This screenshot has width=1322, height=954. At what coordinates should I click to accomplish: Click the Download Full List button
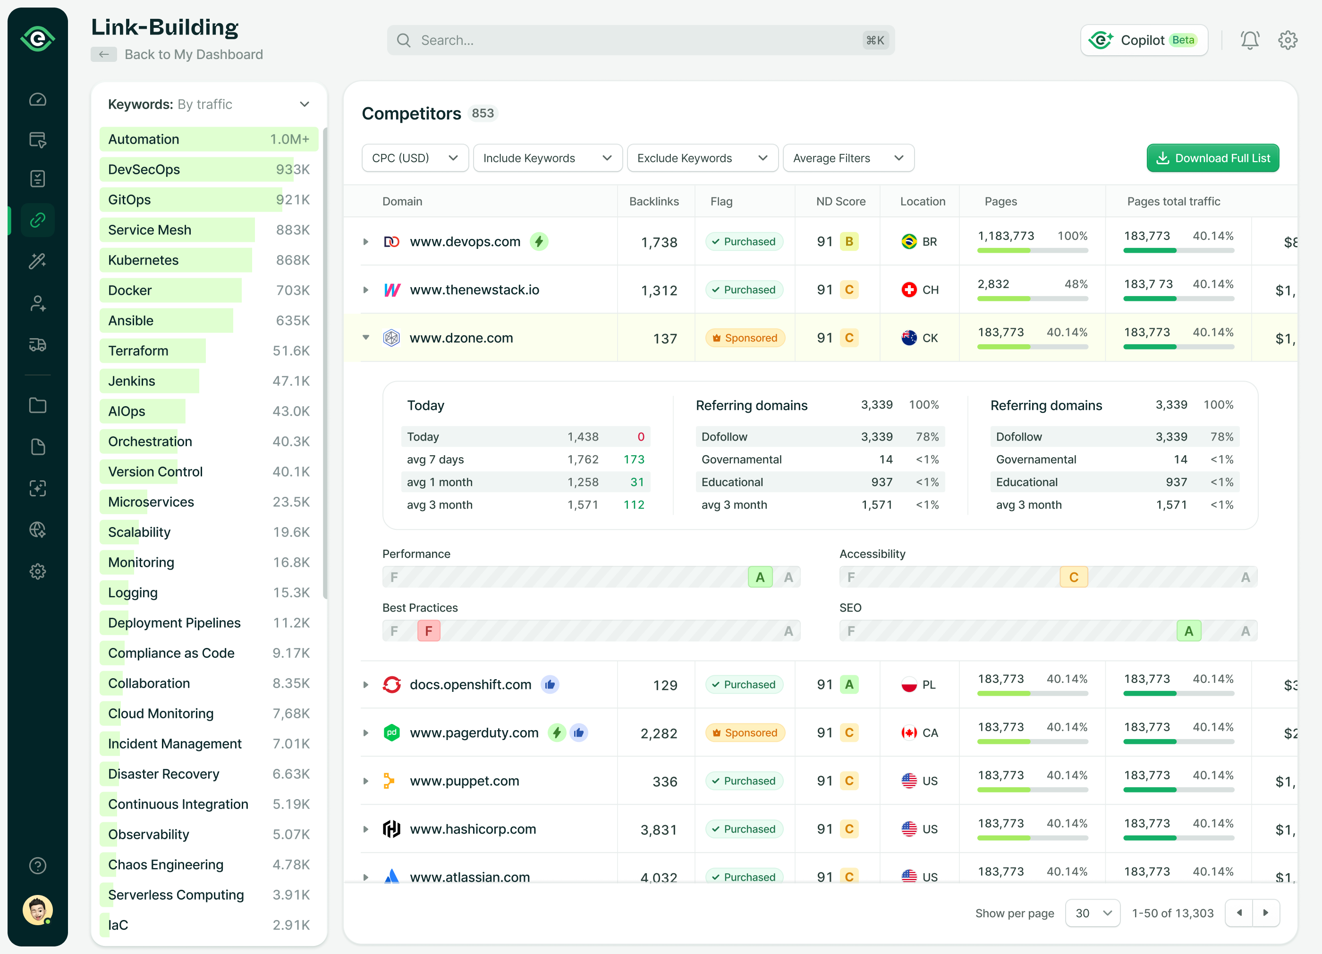(x=1212, y=158)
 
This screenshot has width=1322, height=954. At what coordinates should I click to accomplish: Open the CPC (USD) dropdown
(x=415, y=158)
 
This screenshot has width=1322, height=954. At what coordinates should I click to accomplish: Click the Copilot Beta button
(x=1144, y=40)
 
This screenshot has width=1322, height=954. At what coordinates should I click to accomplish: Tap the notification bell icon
(x=1249, y=40)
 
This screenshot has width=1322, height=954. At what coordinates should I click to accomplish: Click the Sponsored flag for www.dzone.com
(x=745, y=338)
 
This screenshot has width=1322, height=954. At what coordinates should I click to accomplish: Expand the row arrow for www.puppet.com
(x=366, y=781)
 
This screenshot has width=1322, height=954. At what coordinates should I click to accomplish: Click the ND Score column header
(x=840, y=201)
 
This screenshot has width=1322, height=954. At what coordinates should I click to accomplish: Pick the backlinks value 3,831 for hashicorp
(x=658, y=830)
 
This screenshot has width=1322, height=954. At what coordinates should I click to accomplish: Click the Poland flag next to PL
(x=909, y=685)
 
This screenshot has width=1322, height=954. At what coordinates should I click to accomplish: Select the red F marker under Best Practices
(x=428, y=631)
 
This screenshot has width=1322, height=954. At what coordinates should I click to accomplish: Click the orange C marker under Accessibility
(x=1073, y=577)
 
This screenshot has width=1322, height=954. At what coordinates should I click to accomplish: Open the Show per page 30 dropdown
(x=1093, y=913)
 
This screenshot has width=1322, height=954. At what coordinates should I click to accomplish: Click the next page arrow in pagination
(x=1265, y=913)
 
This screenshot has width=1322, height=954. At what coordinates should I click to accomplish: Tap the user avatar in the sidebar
(x=37, y=910)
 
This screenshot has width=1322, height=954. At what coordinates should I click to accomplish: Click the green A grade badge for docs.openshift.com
(x=849, y=685)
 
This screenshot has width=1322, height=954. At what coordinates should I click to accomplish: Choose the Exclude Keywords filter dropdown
(x=702, y=158)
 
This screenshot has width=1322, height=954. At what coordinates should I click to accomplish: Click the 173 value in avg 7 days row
(x=634, y=460)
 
